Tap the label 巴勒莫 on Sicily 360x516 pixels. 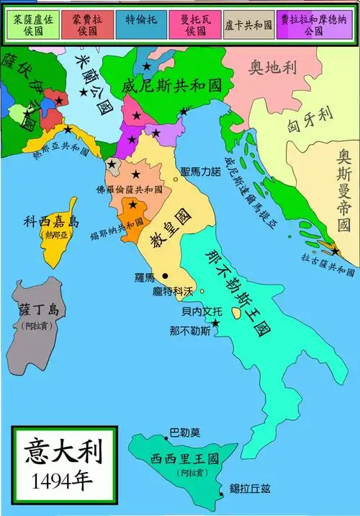[184, 434]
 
